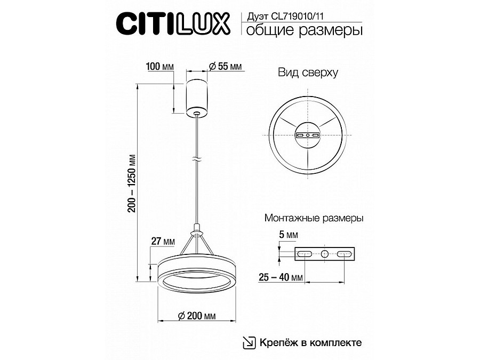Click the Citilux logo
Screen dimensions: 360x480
point(173,23)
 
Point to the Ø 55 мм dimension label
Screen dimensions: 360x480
point(223,67)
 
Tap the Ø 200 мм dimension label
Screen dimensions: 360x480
point(196,316)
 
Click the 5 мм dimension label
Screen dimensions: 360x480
point(289,235)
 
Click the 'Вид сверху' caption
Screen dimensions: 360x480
point(308,74)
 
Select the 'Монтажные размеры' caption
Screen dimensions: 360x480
point(314,218)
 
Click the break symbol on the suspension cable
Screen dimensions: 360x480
point(197,159)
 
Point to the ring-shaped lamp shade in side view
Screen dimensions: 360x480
point(196,275)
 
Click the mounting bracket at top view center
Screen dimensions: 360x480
point(308,135)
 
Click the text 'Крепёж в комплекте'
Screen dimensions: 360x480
point(311,342)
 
